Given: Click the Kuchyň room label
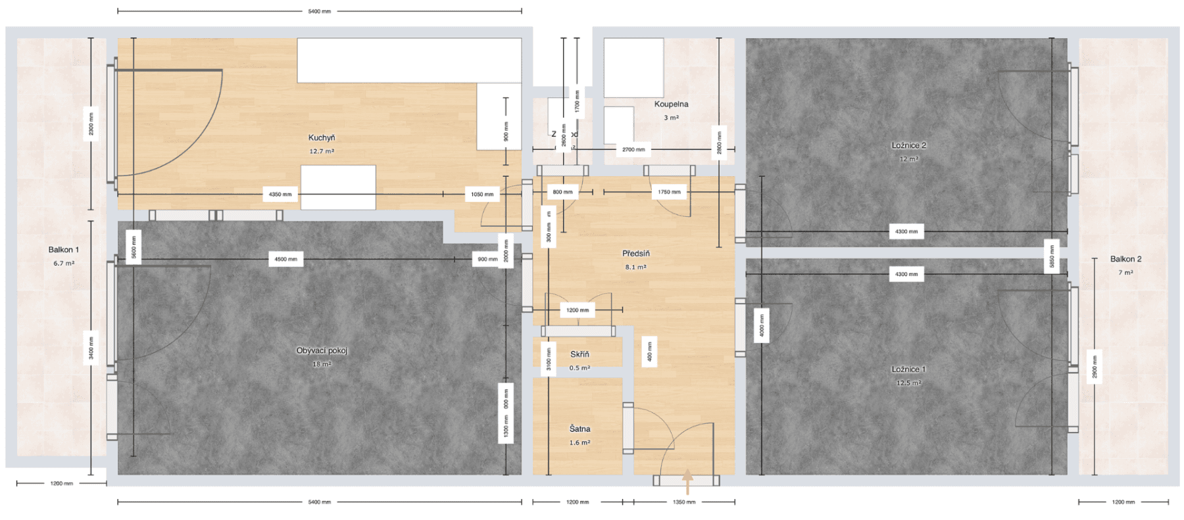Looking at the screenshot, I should [322, 137].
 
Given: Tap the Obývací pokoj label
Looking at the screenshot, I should [322, 350].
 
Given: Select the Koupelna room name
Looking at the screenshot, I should [671, 104].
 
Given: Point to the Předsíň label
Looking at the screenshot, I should [635, 253].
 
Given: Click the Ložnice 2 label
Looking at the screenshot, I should [908, 145].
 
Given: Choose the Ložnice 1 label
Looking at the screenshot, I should [908, 369].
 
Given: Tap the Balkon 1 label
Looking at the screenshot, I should [64, 250].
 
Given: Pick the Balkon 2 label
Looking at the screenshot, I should [1125, 259].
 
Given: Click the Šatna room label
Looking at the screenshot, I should [580, 429].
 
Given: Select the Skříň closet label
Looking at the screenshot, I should [580, 354].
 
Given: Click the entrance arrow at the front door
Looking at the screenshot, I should [687, 481].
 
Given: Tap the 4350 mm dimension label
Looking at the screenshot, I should [280, 195].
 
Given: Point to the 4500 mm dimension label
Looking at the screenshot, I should [285, 259].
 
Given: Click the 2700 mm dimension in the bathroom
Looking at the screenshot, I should [633, 150].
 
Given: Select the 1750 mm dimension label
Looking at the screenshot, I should [669, 192].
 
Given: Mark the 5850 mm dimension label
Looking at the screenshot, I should [1051, 256].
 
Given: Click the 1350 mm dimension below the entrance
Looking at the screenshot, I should [684, 502].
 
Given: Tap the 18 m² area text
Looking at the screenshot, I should [322, 364].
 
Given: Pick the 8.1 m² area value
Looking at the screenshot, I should [635, 267].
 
